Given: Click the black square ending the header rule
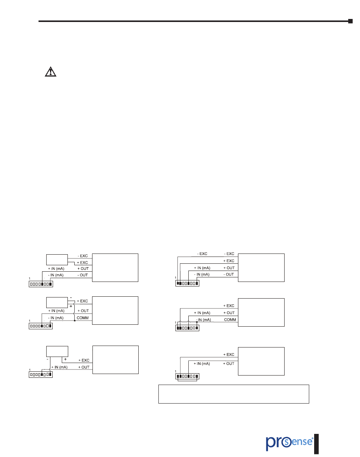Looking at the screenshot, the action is pyautogui.click(x=351, y=21).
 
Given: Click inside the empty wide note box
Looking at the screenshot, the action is pyautogui.click(x=233, y=394).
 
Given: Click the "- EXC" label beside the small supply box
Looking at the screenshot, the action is pyautogui.click(x=83, y=256).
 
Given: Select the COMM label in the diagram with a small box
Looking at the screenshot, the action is pyautogui.click(x=83, y=318).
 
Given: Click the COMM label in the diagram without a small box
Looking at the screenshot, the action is pyautogui.click(x=230, y=319).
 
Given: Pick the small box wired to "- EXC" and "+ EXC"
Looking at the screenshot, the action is pyautogui.click(x=57, y=260).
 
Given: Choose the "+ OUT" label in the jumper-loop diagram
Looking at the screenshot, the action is pyautogui.click(x=229, y=364).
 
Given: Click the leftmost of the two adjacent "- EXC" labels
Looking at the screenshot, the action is pyautogui.click(x=202, y=254).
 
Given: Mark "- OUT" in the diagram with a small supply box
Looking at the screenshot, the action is pyautogui.click(x=83, y=275).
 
